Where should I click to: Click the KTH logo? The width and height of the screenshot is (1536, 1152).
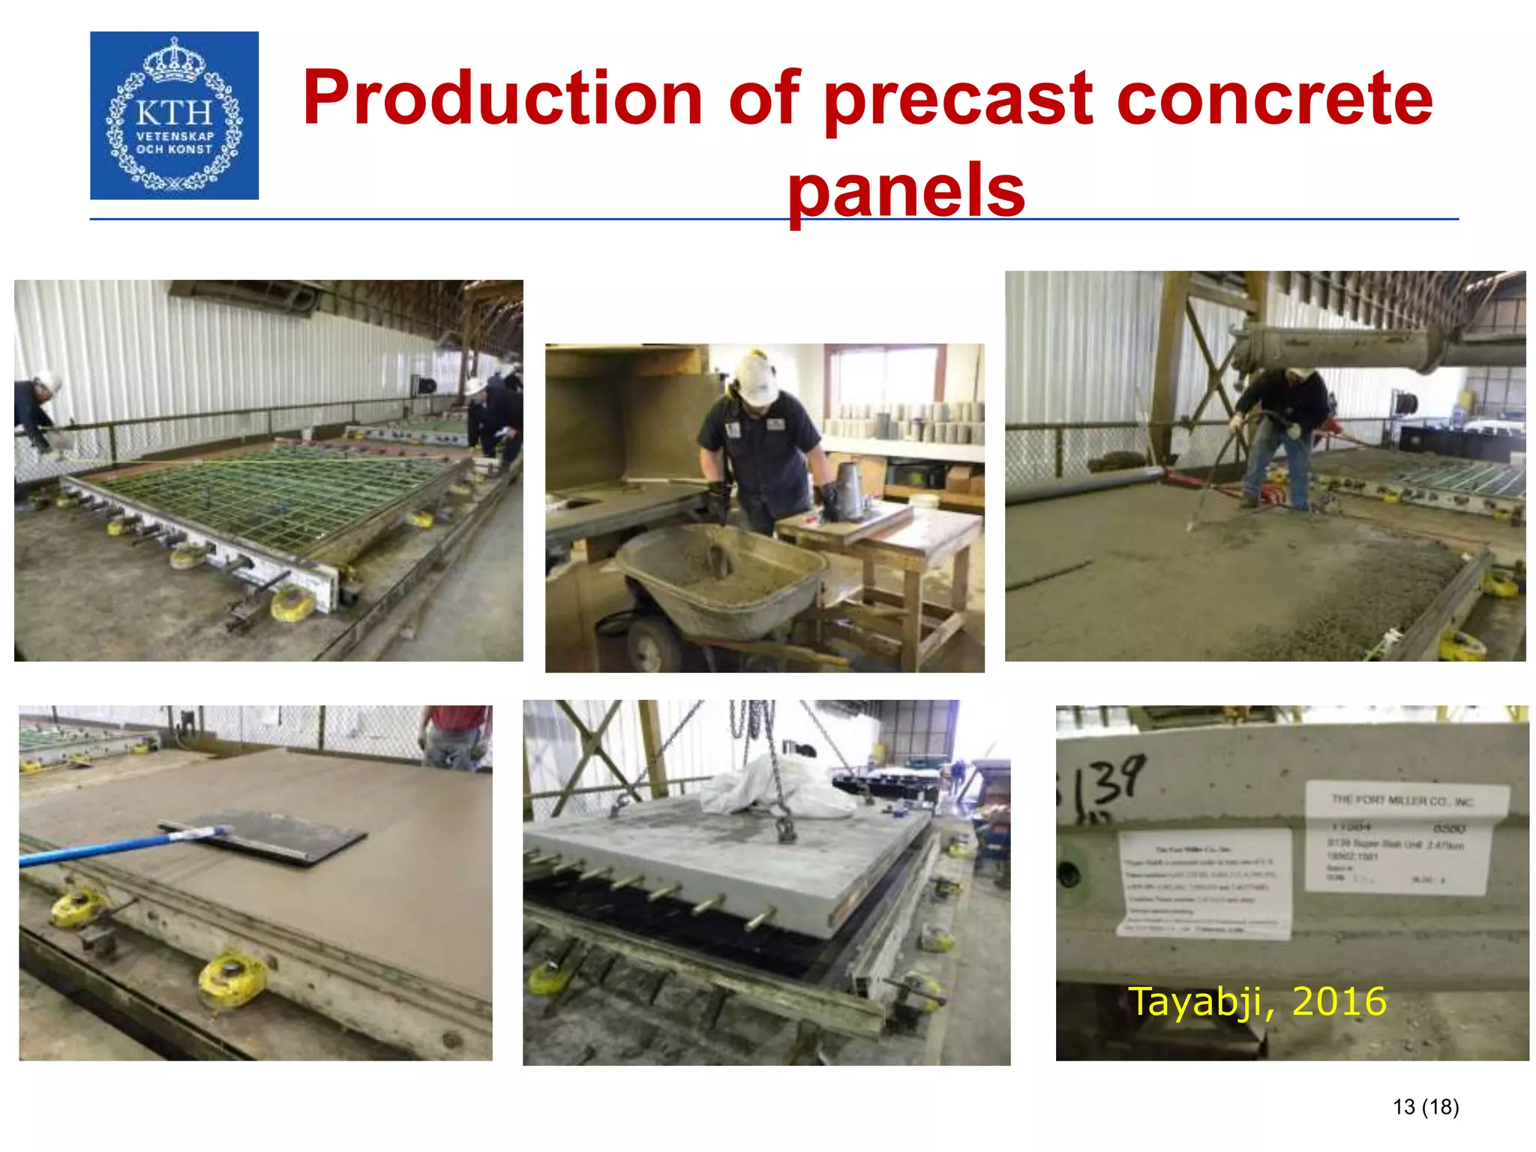click(x=174, y=115)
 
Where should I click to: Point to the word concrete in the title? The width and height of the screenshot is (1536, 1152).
click(x=1274, y=99)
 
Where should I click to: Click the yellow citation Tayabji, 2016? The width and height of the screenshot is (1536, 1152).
click(x=1257, y=1001)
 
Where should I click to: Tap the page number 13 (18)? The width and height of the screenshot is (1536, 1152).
click(x=1425, y=1107)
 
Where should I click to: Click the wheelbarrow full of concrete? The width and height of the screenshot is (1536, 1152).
click(x=720, y=577)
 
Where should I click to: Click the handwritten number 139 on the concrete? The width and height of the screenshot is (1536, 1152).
click(x=1108, y=784)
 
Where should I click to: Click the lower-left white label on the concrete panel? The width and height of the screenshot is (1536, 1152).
click(x=1204, y=883)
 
